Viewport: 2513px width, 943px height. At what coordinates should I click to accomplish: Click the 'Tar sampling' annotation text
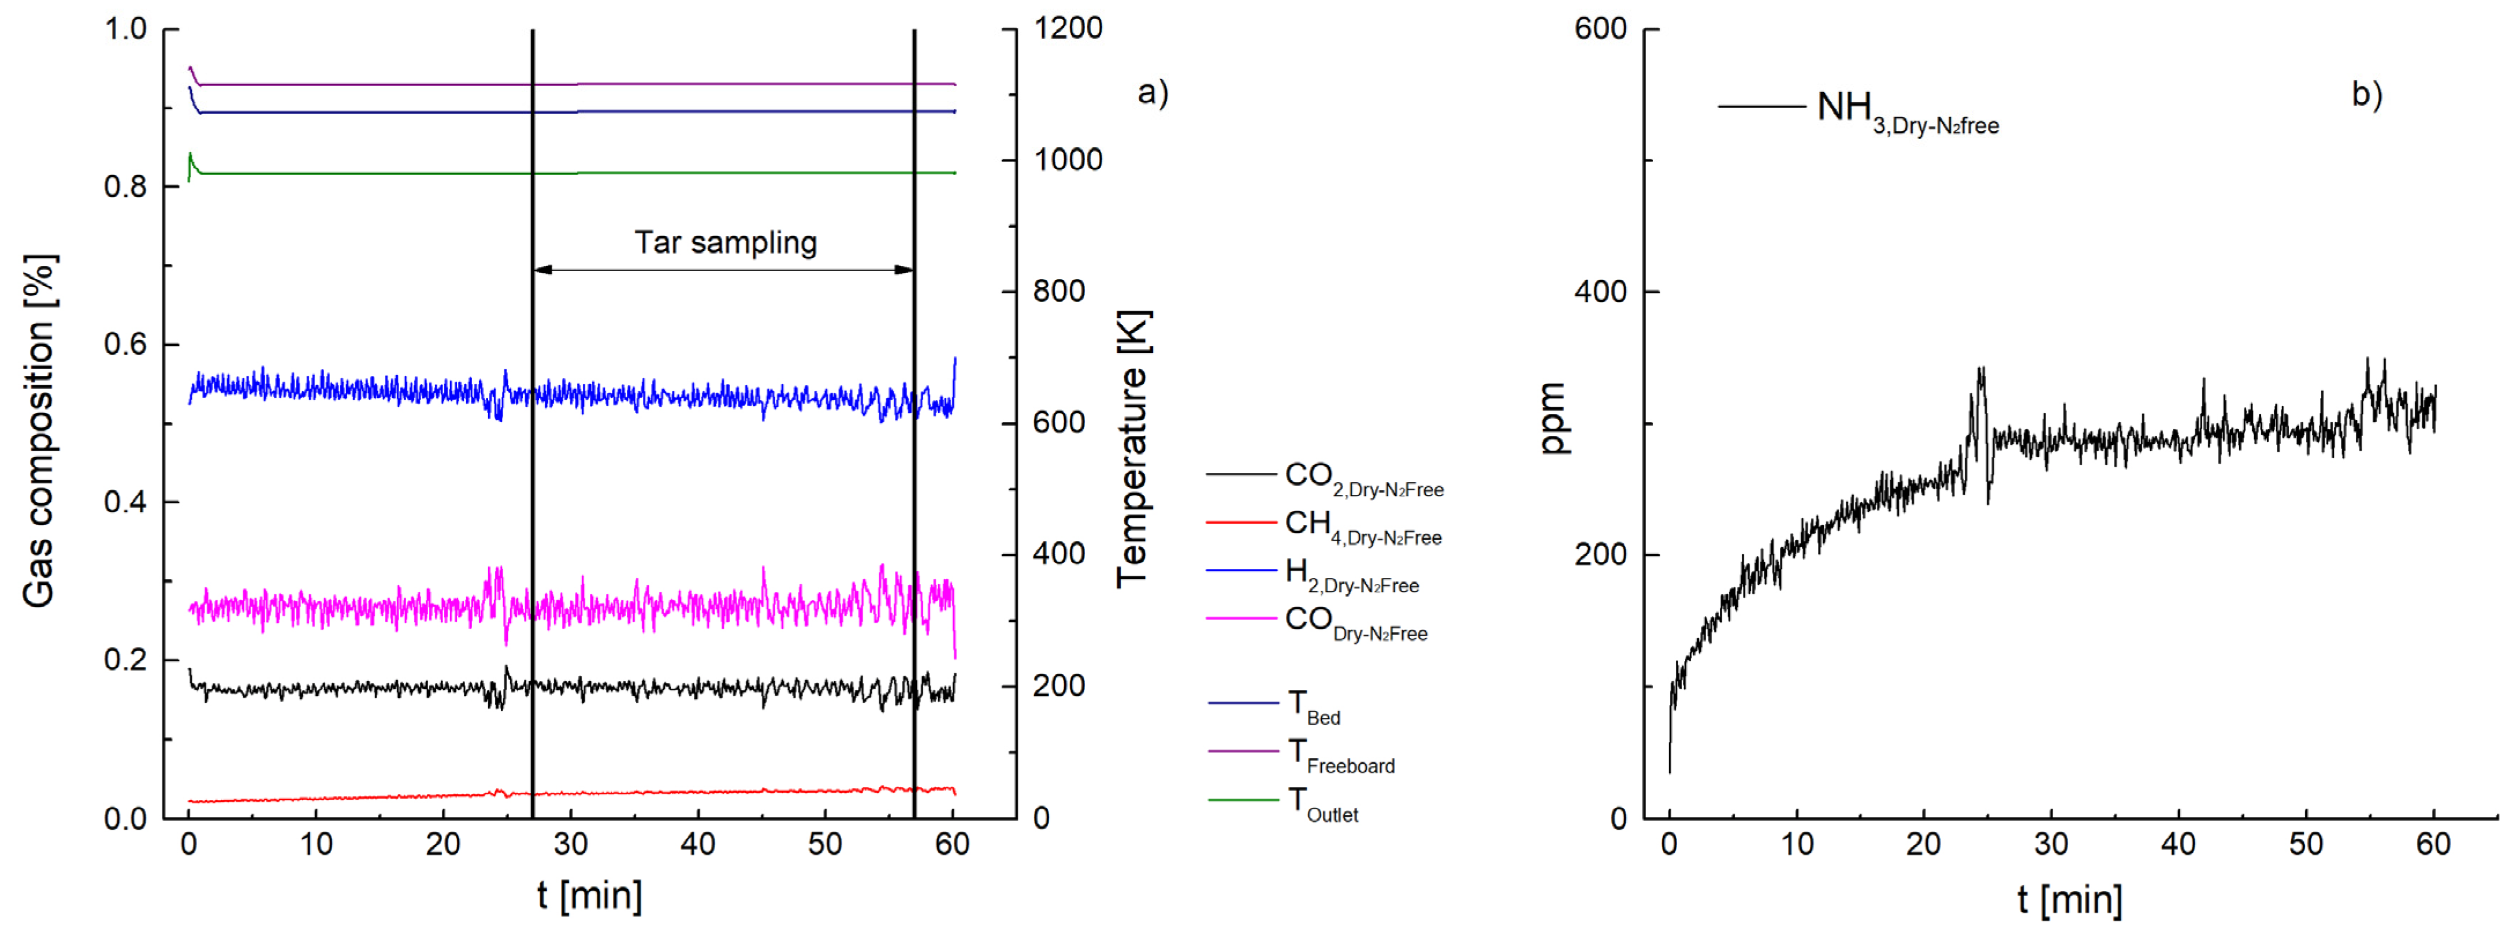(x=725, y=242)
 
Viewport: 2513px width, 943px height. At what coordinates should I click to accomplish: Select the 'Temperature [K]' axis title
(x=1133, y=449)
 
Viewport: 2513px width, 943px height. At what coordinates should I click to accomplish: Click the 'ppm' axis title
(x=1551, y=419)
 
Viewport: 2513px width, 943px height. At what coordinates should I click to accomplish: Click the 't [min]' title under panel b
(x=2069, y=898)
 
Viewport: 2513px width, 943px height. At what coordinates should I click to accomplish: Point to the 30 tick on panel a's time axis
(x=571, y=844)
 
